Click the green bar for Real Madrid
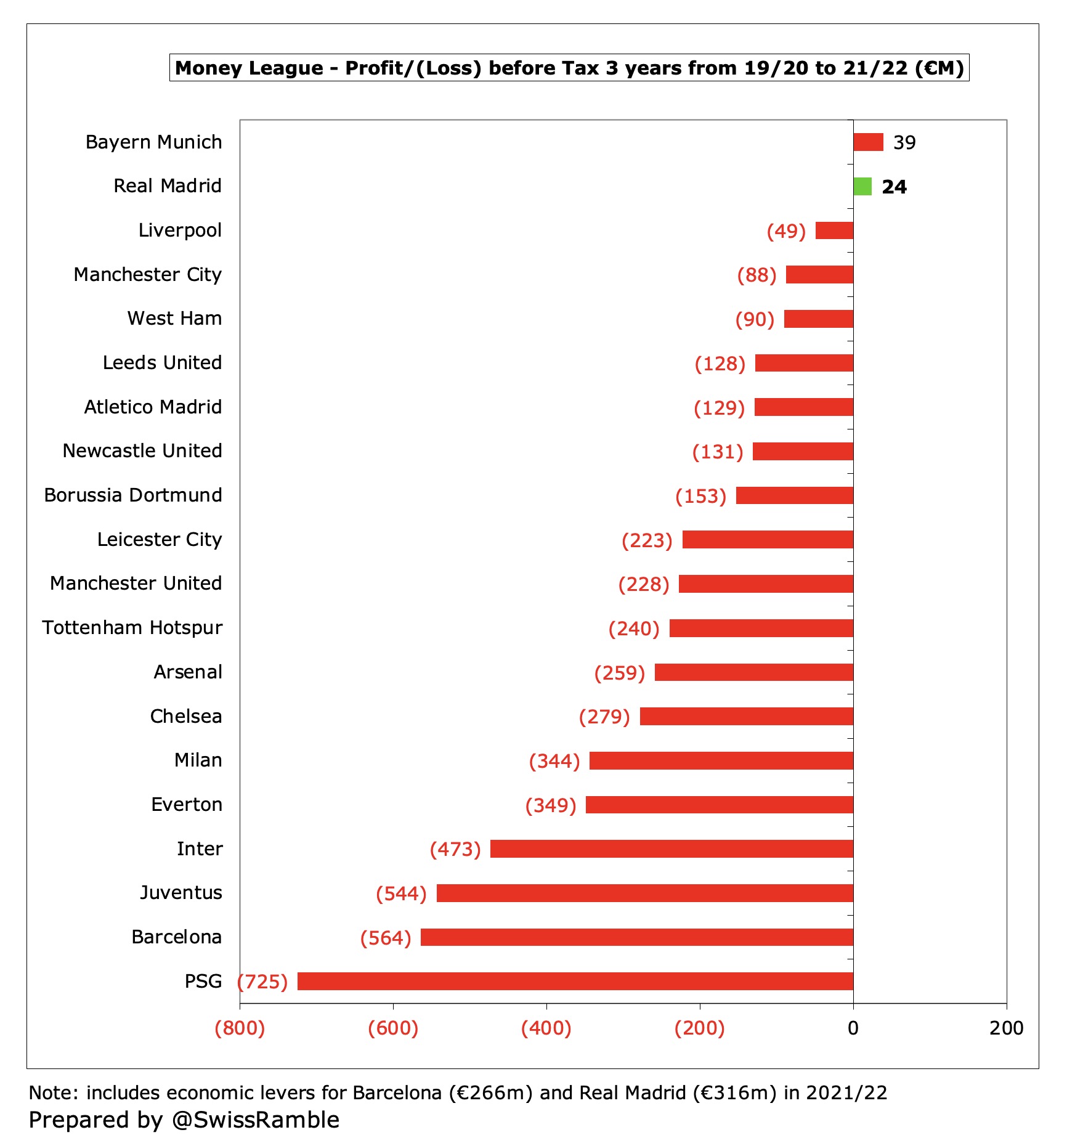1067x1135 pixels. (862, 186)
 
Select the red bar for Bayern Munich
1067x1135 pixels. (868, 142)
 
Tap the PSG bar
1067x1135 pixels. (575, 981)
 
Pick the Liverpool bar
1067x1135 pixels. (834, 230)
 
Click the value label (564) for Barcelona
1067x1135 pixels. (386, 938)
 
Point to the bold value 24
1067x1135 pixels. (894, 187)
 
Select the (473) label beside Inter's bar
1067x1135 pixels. (455, 849)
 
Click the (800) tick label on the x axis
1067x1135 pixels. (240, 1028)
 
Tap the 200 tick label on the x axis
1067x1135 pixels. (1006, 1028)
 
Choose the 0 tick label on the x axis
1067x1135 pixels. (853, 1028)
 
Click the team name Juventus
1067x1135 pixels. (181, 892)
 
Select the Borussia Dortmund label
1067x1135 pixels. (133, 495)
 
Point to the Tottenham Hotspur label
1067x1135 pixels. (132, 627)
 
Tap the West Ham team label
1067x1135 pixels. (174, 318)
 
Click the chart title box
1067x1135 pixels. (569, 68)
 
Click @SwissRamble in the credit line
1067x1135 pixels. (255, 1120)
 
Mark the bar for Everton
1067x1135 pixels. (719, 805)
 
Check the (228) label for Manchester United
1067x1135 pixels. (644, 584)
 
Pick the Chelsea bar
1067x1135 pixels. (746, 716)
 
